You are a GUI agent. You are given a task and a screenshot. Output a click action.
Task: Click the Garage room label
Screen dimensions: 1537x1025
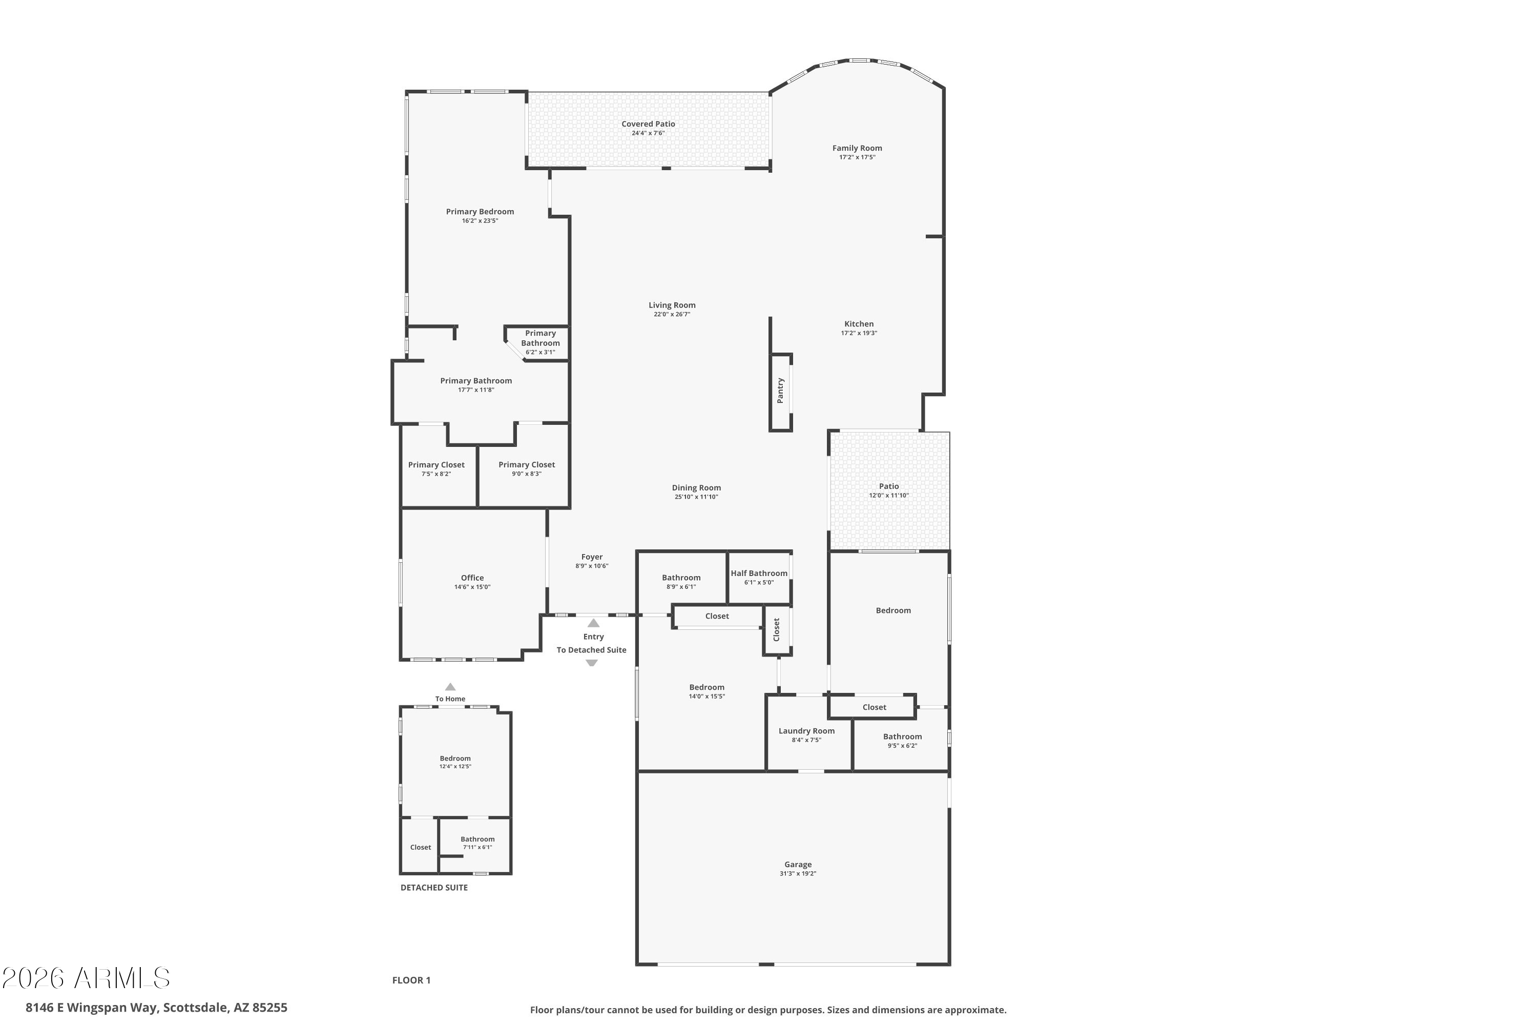point(798,864)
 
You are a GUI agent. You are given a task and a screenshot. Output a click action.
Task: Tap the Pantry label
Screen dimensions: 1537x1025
point(780,390)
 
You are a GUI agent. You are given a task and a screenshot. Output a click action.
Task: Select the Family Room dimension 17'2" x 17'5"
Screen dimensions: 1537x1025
point(857,157)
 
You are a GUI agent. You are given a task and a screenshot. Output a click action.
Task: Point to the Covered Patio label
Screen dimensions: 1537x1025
point(648,124)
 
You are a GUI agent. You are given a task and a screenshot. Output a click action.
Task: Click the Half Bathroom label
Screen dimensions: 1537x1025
point(759,573)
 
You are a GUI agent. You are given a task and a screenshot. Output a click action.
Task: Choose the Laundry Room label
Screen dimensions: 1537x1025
point(806,731)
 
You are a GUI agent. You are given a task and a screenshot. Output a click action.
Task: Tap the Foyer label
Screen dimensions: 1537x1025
point(592,557)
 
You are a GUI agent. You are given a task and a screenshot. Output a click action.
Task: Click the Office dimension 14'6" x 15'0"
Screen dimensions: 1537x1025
point(472,587)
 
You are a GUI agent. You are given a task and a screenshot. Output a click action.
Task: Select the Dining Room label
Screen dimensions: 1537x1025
point(697,488)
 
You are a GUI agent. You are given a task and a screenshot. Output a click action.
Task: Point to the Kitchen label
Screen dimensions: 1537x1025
point(859,323)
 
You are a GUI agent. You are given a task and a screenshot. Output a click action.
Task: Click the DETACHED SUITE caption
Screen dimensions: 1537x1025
point(434,888)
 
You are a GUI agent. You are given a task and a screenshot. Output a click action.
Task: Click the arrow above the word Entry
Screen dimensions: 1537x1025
point(593,623)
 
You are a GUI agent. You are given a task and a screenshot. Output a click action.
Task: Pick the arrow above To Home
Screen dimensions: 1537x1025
point(450,686)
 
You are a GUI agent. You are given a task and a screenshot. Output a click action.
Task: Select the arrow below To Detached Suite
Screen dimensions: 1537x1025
point(591,663)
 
